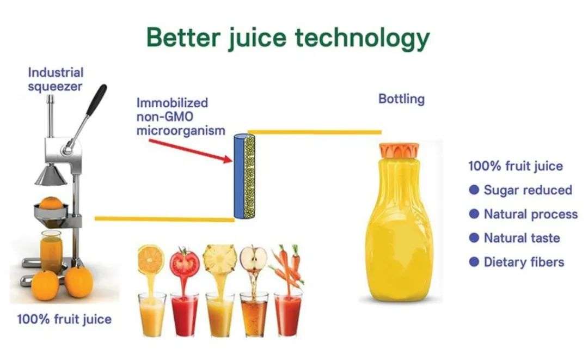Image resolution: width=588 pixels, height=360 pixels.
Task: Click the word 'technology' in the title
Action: tap(362, 38)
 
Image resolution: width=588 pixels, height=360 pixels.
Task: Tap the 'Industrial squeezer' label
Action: tap(56, 79)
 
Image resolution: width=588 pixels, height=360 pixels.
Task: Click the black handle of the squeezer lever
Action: tap(97, 99)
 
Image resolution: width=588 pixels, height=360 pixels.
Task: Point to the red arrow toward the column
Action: tap(191, 151)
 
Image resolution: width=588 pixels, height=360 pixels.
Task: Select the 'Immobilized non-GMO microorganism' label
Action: tap(180, 117)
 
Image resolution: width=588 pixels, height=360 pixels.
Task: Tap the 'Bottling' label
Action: tap(401, 99)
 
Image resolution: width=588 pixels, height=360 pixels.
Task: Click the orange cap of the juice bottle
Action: tap(399, 150)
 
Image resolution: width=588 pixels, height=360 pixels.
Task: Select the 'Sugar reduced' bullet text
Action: tap(528, 190)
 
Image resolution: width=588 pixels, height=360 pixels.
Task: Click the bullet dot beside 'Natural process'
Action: tap(474, 213)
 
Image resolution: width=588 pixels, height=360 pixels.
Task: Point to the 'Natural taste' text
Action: tap(522, 238)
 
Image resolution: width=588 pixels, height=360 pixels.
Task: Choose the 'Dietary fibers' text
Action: tap(524, 262)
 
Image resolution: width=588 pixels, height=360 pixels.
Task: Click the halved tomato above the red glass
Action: tap(185, 263)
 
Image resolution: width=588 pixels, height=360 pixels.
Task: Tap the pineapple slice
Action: tap(220, 258)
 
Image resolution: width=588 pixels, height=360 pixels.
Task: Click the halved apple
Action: tap(254, 259)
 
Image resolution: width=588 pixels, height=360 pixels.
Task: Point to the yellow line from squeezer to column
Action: tap(164, 219)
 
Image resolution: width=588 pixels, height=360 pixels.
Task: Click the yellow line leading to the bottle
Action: tap(315, 132)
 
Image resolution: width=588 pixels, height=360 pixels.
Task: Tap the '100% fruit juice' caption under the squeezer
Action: tap(64, 320)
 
